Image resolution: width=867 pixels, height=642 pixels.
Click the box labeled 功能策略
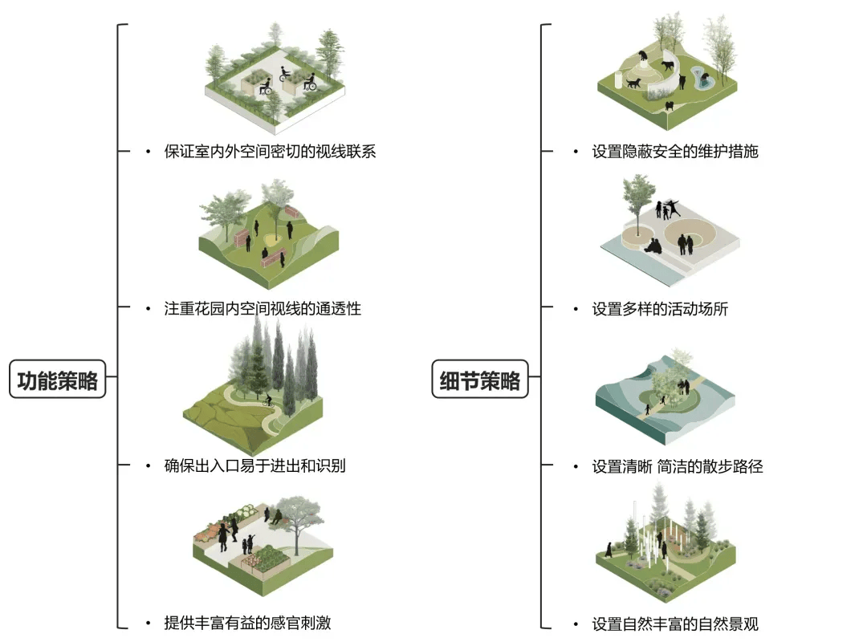58,379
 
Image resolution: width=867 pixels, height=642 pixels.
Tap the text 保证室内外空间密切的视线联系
270,151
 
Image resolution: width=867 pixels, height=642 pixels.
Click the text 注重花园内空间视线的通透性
263,308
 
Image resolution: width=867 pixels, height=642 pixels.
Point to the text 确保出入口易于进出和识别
254,465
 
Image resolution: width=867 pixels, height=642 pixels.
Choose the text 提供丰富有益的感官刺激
247,623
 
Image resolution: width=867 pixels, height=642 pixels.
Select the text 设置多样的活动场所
660,308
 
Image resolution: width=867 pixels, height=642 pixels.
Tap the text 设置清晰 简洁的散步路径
677,465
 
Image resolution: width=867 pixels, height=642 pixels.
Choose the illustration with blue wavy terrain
666,397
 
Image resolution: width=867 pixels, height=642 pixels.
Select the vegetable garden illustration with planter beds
261,546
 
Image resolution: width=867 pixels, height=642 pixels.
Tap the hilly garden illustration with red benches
269,233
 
